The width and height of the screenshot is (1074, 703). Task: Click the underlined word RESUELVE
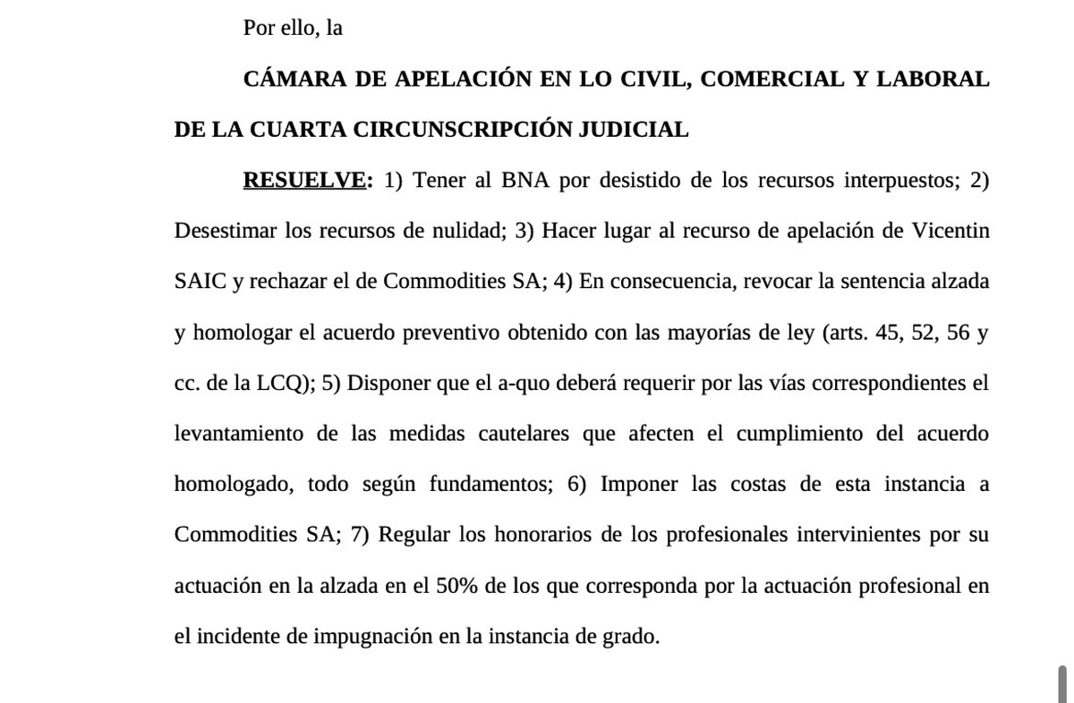click(304, 180)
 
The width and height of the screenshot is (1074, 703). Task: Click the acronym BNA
click(524, 180)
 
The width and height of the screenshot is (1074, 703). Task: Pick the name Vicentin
click(950, 231)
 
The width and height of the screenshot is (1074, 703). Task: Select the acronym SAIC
click(200, 281)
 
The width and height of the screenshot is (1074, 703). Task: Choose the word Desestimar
click(225, 231)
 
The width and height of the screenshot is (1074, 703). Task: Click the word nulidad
click(463, 231)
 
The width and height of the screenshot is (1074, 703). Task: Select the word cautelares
click(523, 434)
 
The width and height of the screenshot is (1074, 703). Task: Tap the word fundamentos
click(489, 484)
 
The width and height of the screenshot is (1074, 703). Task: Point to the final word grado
click(632, 637)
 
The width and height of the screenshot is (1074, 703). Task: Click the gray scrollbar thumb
click(1062, 683)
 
